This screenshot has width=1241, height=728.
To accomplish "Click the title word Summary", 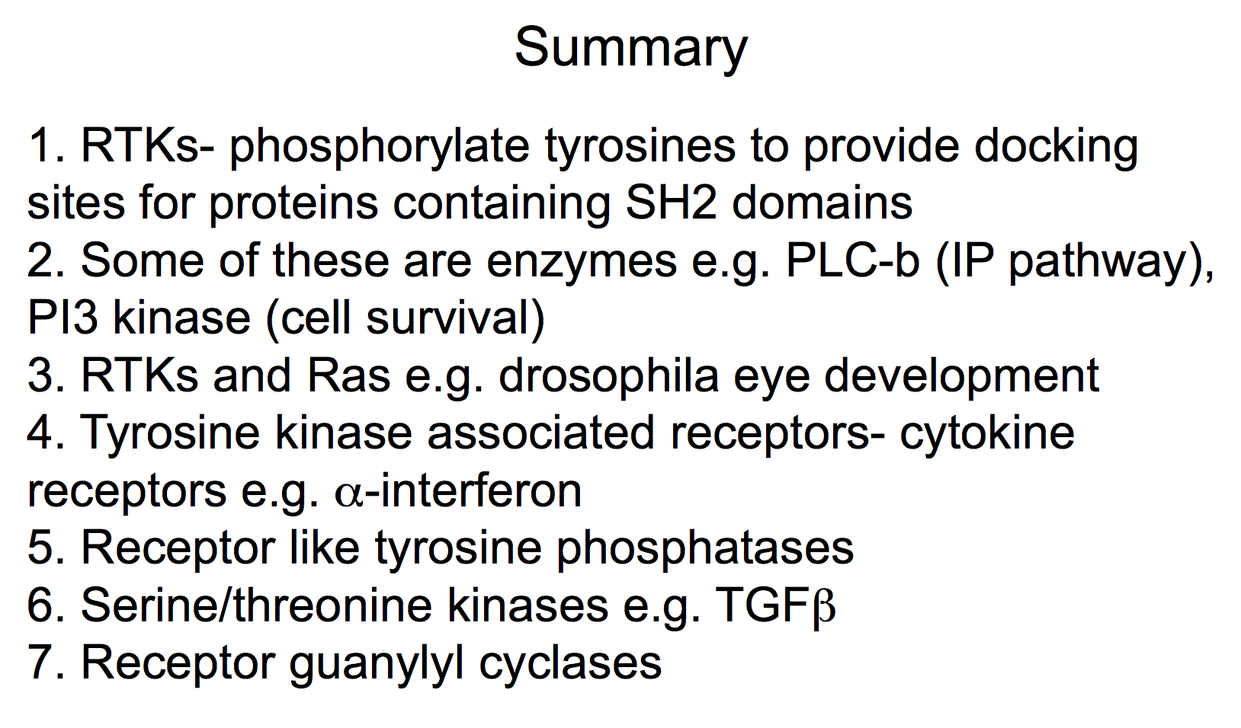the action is pos(631,49).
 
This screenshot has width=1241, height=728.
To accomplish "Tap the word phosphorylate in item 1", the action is pos(379,147).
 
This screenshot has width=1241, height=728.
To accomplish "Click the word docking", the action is pos(1056,147).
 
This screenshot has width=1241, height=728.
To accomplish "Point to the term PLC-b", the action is pos(853,260).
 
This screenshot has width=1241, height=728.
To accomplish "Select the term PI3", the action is pos(63,318).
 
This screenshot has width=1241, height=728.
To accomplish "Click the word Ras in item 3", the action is pos(348,376).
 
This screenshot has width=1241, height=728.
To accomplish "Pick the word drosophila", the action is pos(608,376).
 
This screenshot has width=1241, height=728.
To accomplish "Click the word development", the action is pos(961,377).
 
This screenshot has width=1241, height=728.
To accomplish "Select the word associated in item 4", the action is pos(541,433).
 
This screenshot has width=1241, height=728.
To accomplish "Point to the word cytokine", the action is pos(986,433).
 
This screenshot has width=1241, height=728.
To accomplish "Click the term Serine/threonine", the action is pos(257,605).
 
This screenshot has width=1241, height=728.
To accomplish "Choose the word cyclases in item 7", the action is pos(570,663).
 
